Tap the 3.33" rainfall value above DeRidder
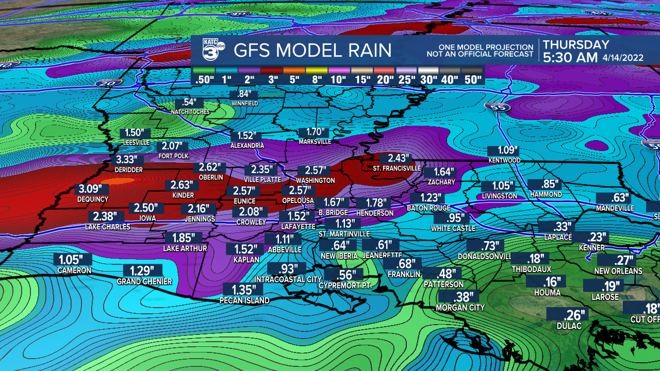pos(126,160)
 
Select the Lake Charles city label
pos(108,227)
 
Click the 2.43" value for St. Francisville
pos(397,159)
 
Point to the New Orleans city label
pos(618,271)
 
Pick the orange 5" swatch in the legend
pos(294,71)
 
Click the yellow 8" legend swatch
pos(317,71)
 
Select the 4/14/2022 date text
pos(623,58)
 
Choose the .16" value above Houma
pos(547,281)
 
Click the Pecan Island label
pos(244,300)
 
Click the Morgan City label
pos(460,308)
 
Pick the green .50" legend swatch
pos(204,71)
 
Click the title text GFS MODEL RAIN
pos(312,50)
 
